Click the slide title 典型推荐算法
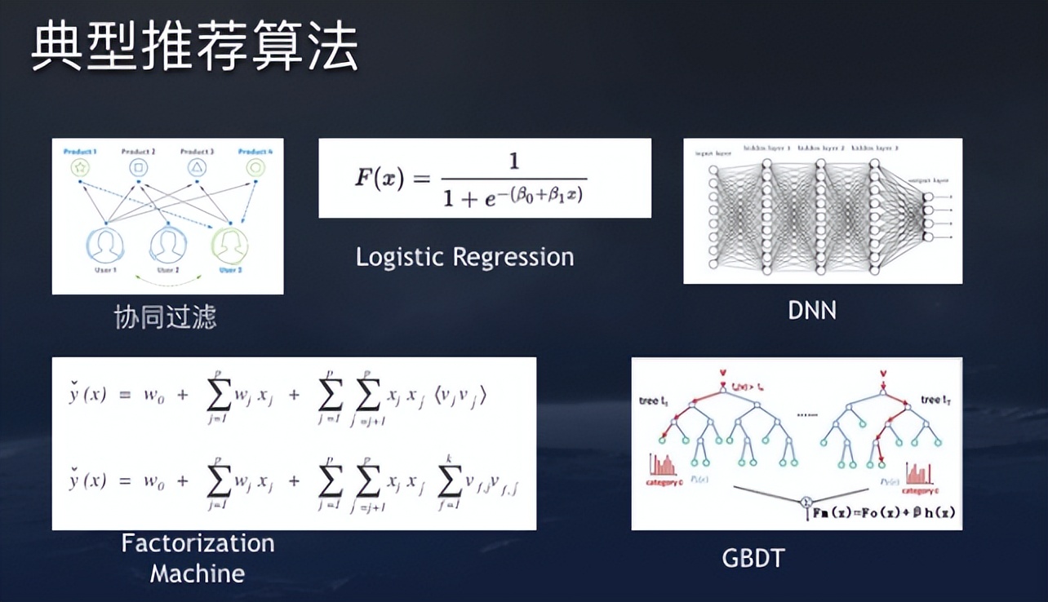click(x=194, y=47)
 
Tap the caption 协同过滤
click(x=166, y=317)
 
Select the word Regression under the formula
click(x=513, y=258)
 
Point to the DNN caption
click(x=812, y=310)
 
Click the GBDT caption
click(x=753, y=559)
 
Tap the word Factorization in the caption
click(x=198, y=543)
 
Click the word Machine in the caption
click(x=198, y=573)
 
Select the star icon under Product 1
click(x=81, y=168)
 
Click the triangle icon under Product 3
click(x=198, y=168)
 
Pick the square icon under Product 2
click(x=139, y=168)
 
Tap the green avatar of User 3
click(x=229, y=245)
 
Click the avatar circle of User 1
click(x=105, y=245)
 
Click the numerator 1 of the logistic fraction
click(x=513, y=162)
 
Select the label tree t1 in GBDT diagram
click(x=654, y=401)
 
